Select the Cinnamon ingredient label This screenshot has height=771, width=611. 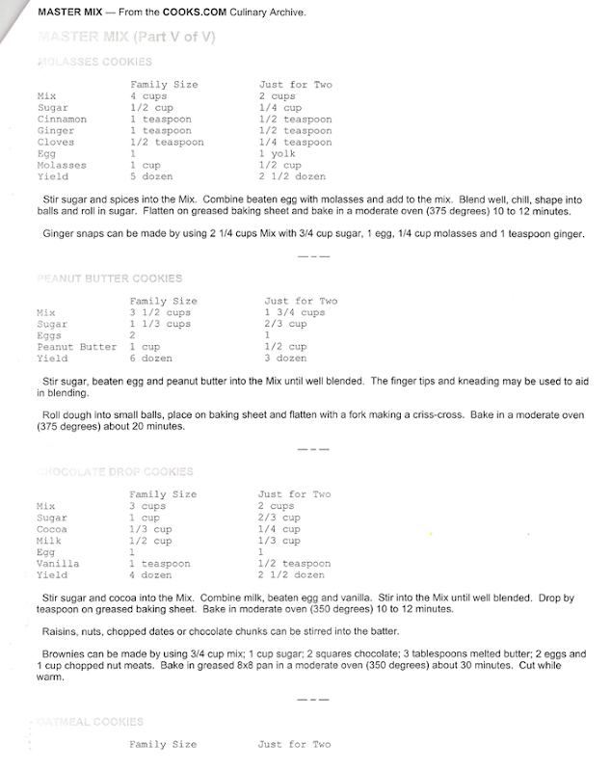point(62,120)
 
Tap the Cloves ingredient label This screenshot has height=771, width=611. point(55,143)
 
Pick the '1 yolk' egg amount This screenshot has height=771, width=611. point(278,154)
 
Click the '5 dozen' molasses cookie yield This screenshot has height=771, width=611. point(151,177)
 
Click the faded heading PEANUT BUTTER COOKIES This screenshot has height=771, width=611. point(109,279)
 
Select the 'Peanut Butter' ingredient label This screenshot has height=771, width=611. point(77,347)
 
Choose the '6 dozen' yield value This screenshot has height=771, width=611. point(151,359)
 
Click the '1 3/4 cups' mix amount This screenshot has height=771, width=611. point(294,313)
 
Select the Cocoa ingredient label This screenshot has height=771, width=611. point(52,529)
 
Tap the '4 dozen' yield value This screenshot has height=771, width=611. point(151,575)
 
